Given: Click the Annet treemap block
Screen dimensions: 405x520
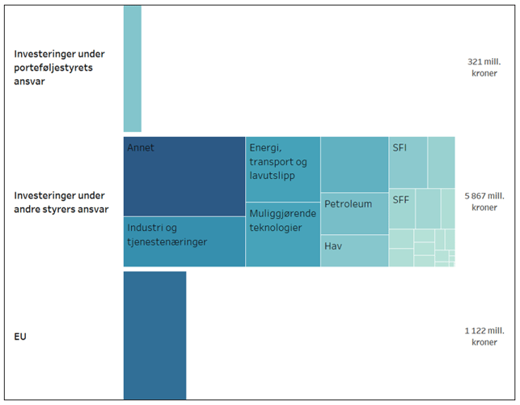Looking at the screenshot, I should point(184,177).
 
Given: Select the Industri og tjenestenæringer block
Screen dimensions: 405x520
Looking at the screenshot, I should point(184,241).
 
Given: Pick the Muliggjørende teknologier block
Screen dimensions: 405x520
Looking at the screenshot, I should point(282,234).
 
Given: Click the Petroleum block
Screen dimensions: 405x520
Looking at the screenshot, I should point(354,213).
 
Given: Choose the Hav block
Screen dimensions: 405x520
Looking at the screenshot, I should point(354,250).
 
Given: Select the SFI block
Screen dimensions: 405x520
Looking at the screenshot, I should point(408,162).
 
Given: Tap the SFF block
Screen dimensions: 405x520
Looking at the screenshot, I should point(402,208).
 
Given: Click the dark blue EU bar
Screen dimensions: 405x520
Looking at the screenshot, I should point(154,335).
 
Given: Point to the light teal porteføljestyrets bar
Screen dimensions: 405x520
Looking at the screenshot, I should point(132,68).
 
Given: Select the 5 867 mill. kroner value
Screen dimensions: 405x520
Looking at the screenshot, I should point(484,201).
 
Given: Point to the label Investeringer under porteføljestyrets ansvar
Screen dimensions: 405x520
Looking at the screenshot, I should point(59,68).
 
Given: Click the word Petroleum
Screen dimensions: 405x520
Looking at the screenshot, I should point(348,204).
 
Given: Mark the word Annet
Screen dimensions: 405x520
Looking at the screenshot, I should point(141,148).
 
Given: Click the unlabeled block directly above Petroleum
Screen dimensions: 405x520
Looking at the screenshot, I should point(354,164).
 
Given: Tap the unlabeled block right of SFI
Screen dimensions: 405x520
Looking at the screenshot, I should point(441,162).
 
